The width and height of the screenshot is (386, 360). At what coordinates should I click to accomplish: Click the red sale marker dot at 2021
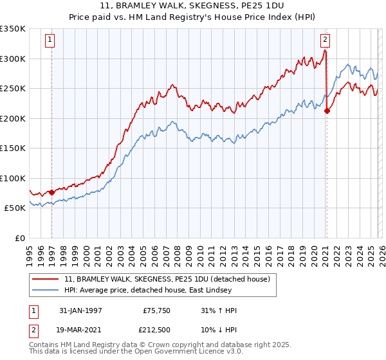327,111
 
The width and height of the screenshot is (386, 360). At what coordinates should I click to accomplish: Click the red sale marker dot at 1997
51,192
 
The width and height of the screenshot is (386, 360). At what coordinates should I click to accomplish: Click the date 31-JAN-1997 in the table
82,310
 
